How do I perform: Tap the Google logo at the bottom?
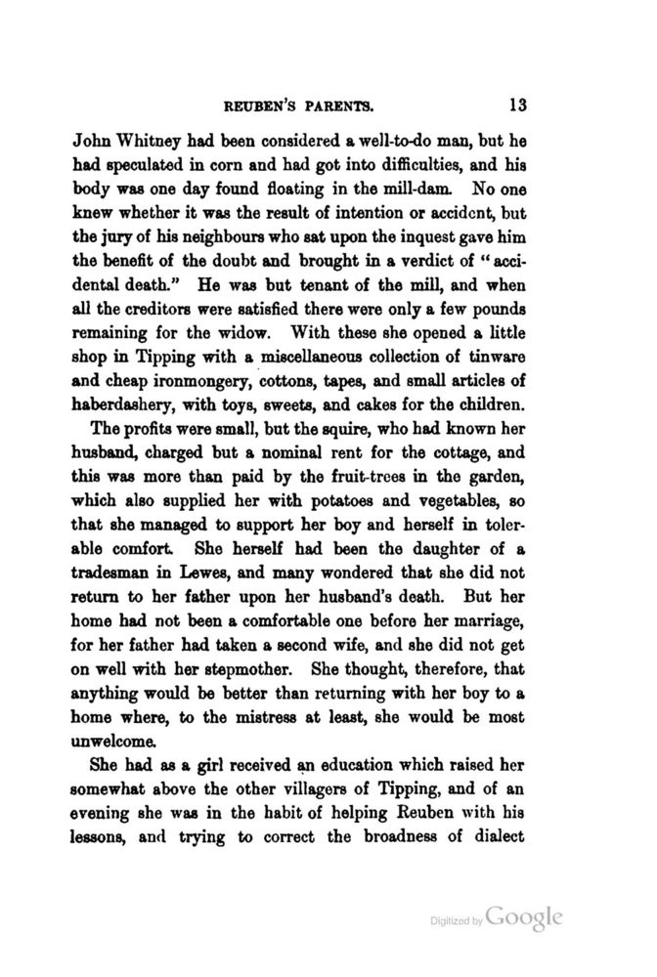(x=524, y=919)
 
